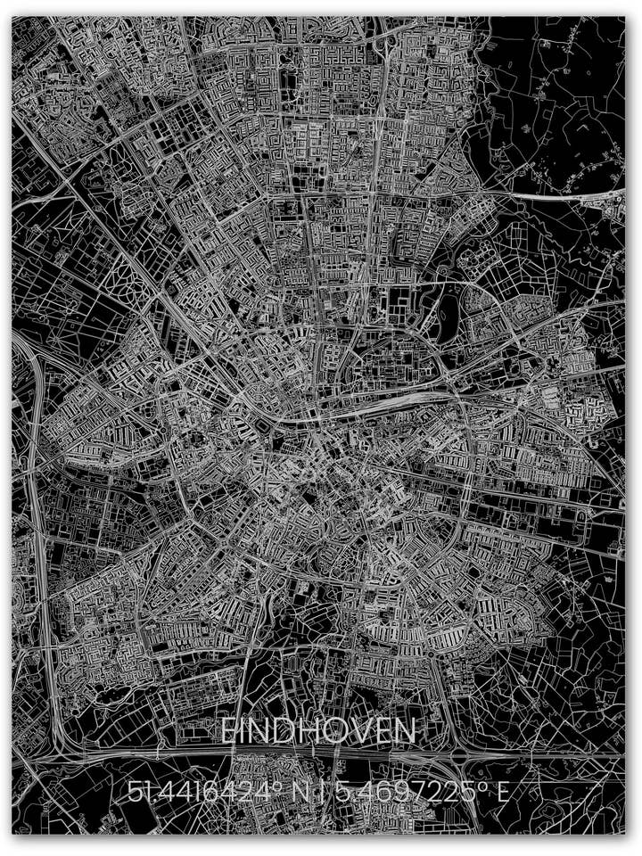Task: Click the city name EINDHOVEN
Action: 317,732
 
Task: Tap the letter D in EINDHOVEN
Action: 287,732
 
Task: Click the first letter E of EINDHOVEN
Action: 228,732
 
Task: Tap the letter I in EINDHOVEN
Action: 244,732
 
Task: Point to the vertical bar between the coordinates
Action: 325,792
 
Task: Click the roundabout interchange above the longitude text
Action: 461,761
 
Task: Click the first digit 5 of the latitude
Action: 134,792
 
